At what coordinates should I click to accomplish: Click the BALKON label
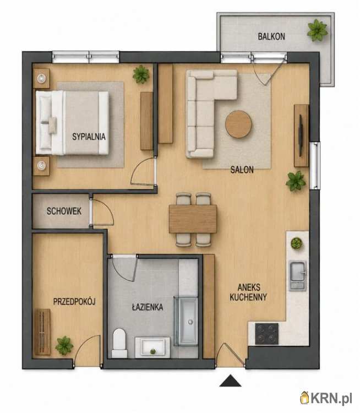pyautogui.click(x=271, y=36)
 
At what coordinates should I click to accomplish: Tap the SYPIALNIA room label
pyautogui.click(x=89, y=137)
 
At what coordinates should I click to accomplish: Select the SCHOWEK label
pyautogui.click(x=64, y=211)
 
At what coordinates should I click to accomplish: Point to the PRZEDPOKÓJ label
pyautogui.click(x=74, y=301)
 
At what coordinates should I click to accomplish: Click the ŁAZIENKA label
pyautogui.click(x=148, y=307)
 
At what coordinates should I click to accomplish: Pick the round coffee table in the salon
pyautogui.click(x=238, y=124)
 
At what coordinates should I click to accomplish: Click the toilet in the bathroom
pyautogui.click(x=119, y=343)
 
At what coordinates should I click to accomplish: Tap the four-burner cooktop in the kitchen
pyautogui.click(x=267, y=334)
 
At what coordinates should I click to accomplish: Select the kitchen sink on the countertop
pyautogui.click(x=298, y=275)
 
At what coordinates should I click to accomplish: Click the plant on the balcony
pyautogui.click(x=317, y=30)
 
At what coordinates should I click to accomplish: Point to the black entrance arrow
pyautogui.click(x=231, y=381)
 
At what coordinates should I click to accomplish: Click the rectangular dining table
pyautogui.click(x=193, y=219)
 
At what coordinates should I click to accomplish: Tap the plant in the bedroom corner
pyautogui.click(x=141, y=74)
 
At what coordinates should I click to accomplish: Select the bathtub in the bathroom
pyautogui.click(x=186, y=320)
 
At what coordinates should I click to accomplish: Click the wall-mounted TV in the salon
pyautogui.click(x=301, y=135)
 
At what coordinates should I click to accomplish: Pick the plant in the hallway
pyautogui.click(x=64, y=345)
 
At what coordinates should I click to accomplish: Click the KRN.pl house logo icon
pyautogui.click(x=305, y=398)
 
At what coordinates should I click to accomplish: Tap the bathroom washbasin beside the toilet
pyautogui.click(x=152, y=347)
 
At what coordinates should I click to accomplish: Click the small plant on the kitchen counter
pyautogui.click(x=297, y=243)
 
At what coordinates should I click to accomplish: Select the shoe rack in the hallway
pyautogui.click(x=42, y=332)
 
